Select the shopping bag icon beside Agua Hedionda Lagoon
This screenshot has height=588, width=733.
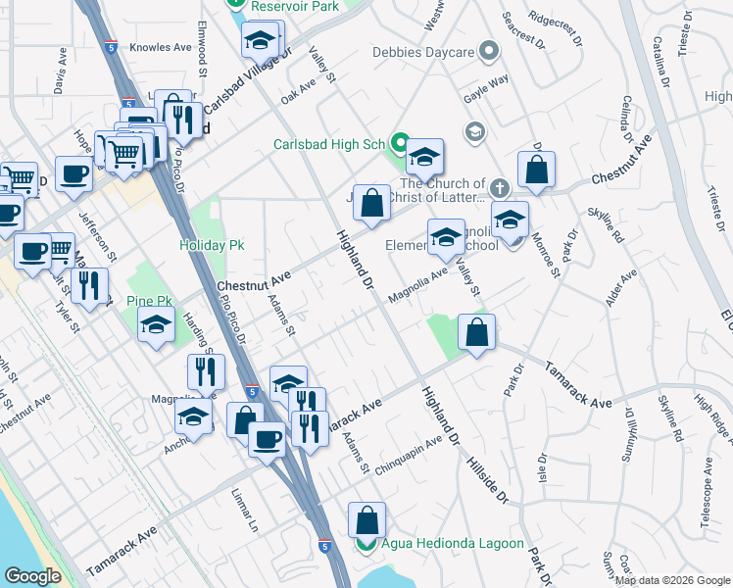tap(366, 520)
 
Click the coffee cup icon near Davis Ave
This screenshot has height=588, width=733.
tap(74, 175)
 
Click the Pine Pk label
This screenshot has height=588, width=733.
tap(149, 303)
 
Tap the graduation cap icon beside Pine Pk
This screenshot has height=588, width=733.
tap(157, 326)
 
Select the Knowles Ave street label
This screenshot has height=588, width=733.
tap(161, 47)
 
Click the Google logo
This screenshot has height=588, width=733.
tap(33, 576)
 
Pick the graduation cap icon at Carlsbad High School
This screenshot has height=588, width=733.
tap(425, 157)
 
